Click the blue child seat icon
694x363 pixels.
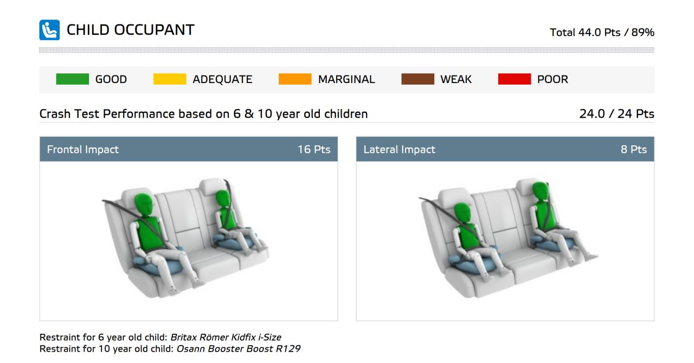click(x=49, y=30)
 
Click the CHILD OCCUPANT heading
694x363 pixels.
click(x=131, y=30)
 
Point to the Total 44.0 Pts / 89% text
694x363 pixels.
click(x=602, y=32)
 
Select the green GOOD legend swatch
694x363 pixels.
click(x=72, y=79)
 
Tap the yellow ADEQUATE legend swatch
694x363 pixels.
click(x=170, y=79)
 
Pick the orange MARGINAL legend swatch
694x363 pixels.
click(x=295, y=79)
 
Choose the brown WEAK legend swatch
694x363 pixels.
click(x=417, y=79)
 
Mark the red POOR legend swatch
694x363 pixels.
click(x=515, y=79)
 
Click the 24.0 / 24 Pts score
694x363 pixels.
click(x=616, y=114)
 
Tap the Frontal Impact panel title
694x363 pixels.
click(x=83, y=149)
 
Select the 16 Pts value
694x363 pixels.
click(x=314, y=149)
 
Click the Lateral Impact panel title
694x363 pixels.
click(x=400, y=149)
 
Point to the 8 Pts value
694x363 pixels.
click(x=634, y=149)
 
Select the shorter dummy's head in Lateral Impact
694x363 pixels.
click(x=462, y=213)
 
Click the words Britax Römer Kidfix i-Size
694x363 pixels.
click(x=226, y=337)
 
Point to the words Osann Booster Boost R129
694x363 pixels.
click(x=238, y=349)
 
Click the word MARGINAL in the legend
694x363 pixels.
click(x=346, y=79)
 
